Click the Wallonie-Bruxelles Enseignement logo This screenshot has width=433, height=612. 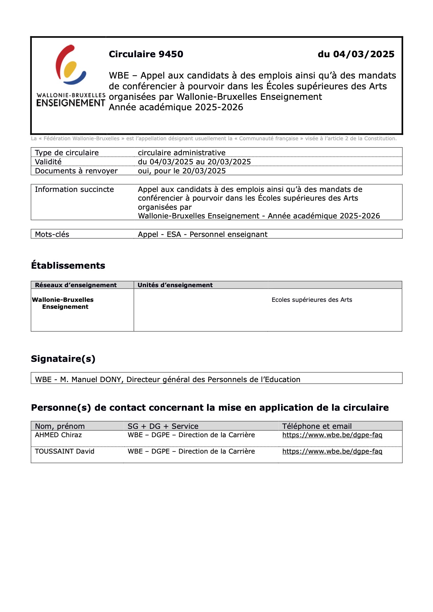point(71,76)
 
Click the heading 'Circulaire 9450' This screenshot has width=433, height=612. point(146,54)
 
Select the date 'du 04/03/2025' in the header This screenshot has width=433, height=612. point(356,54)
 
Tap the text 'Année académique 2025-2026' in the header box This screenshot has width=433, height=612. point(176,107)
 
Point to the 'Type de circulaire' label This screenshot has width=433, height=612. point(67,153)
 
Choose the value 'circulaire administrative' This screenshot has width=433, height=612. point(182,153)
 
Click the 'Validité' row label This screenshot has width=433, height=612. point(48,162)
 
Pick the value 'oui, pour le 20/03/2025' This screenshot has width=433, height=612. point(182,171)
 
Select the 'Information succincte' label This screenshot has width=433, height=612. point(74,189)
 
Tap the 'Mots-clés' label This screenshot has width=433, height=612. point(52,234)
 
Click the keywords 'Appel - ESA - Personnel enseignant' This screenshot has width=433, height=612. point(203,234)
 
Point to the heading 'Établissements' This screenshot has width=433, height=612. point(68,266)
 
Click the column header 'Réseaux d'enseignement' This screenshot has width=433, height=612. point(76,285)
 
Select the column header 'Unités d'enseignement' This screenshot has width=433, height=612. point(175,285)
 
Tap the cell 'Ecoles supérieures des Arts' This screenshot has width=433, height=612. point(312,300)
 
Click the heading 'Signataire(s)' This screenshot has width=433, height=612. point(63,359)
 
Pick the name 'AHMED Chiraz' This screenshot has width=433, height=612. point(58,435)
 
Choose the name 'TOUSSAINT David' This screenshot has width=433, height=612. point(65,451)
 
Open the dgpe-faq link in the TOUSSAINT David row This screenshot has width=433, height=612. point(332,451)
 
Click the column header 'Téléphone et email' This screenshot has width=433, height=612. point(317,426)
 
